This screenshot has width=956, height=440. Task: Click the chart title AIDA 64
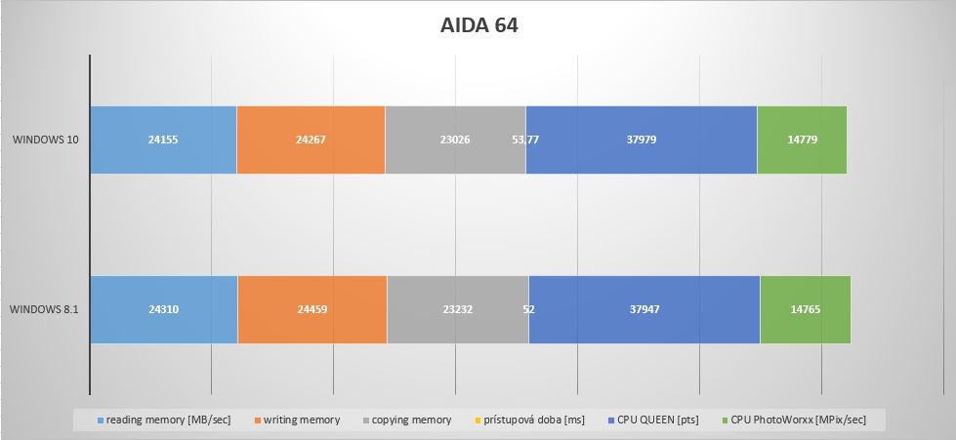pos(478,25)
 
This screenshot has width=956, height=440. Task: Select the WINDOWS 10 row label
pos(46,140)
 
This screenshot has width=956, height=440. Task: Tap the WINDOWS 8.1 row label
pos(45,309)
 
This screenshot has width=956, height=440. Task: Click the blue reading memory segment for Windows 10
pos(163,140)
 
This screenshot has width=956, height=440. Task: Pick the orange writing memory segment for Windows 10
pos(311,140)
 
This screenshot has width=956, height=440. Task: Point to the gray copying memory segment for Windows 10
pos(455,140)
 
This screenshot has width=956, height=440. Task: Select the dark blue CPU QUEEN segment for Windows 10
pos(642,140)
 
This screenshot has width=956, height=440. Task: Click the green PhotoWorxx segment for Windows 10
pos(802,140)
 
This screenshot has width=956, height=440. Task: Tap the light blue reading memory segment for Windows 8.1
pos(164,309)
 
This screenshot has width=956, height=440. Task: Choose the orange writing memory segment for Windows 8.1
pos(312,309)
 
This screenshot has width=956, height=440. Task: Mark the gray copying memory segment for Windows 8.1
pos(458,309)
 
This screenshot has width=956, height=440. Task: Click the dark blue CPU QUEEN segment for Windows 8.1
pos(644,309)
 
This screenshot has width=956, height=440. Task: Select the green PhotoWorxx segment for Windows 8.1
pos(806,309)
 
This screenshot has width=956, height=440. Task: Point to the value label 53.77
pos(525,140)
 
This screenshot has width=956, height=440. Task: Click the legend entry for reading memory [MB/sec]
pos(164,420)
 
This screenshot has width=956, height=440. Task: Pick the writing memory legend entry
pos(297,420)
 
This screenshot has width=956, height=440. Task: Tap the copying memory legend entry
pos(407,420)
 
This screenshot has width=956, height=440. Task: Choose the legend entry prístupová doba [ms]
pos(529,420)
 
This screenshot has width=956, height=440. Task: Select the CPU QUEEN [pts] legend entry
pos(653,420)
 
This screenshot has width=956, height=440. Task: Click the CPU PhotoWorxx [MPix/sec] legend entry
pos(794,420)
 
